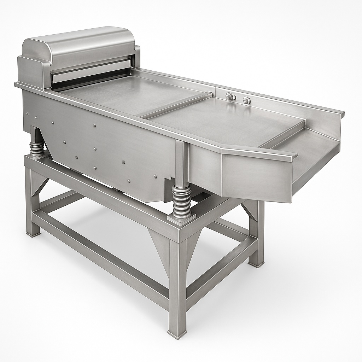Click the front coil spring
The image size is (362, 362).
[x=181, y=200]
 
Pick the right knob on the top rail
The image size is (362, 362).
[x=246, y=100]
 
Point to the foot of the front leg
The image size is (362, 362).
[x=177, y=332]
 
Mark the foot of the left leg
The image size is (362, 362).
[x=33, y=233]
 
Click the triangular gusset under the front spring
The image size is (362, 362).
[x=159, y=247]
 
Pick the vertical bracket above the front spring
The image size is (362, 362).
[x=181, y=163]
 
